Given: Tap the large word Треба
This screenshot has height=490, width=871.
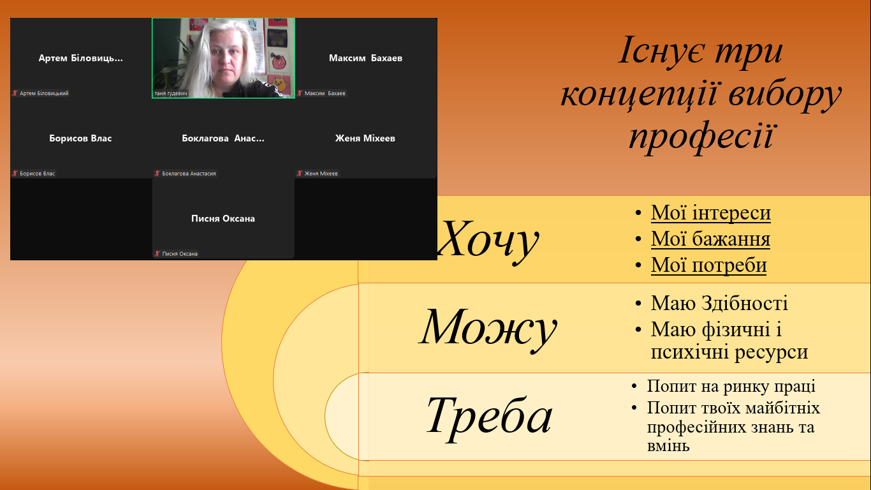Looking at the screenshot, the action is point(489,417).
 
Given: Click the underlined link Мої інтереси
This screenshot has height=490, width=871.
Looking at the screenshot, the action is point(711,213).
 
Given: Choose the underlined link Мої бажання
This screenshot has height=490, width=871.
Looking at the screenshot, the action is point(710,239).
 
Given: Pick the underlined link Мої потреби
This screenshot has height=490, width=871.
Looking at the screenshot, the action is point(708,265).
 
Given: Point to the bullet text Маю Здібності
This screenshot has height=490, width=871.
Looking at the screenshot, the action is point(719,303).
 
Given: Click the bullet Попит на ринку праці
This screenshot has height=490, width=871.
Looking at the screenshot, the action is point(731,387).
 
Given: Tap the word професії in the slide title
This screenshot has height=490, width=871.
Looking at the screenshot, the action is point(701,137).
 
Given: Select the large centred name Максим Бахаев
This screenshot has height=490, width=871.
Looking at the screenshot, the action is point(365,58).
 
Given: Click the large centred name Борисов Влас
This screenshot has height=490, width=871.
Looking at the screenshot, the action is point(80,138).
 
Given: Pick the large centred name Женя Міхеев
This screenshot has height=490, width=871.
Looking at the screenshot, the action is point(365,138).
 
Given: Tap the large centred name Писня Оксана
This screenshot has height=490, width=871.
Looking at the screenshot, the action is point(223,218).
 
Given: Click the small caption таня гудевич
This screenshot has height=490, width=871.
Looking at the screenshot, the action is point(171,93).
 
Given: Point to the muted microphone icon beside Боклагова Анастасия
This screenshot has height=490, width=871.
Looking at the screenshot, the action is point(157,173).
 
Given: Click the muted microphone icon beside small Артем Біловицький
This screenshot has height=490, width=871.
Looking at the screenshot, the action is point(15,93).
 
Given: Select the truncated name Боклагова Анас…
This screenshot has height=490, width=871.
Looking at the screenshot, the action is point(223,138).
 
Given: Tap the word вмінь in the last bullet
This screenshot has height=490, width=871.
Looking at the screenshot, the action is point(668,446).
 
